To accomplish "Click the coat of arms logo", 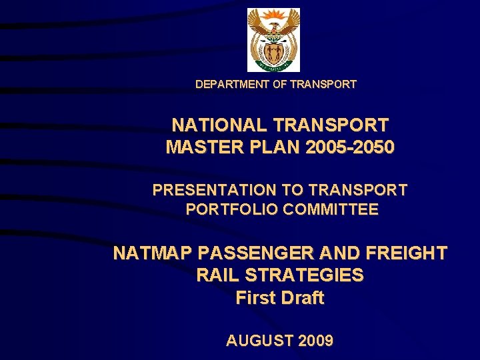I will [x=273, y=40].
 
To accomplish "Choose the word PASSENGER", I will [x=246, y=253].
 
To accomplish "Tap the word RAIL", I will [x=219, y=275].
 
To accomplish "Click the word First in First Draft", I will [x=255, y=298].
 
